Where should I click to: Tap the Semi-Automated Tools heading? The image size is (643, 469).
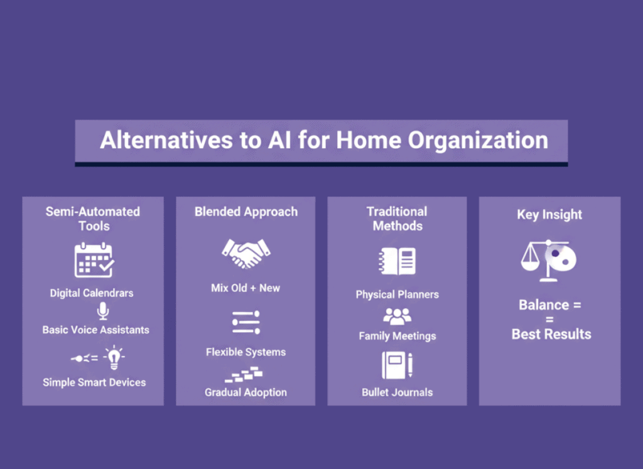(x=93, y=218)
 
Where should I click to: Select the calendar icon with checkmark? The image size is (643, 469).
(x=94, y=260)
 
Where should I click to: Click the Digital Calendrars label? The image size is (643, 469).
(x=92, y=293)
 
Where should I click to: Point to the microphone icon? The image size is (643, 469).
(x=102, y=311)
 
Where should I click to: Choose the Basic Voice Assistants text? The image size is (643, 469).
(x=95, y=330)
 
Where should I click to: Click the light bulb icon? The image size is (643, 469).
(x=114, y=357)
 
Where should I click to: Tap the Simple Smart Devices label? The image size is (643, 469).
(x=94, y=382)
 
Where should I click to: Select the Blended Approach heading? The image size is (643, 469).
(x=246, y=212)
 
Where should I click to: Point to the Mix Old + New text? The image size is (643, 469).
(x=246, y=288)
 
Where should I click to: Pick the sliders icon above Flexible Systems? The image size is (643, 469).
(x=246, y=322)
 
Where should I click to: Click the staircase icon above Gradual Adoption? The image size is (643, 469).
(x=244, y=375)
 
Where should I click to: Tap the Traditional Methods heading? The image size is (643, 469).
(x=397, y=218)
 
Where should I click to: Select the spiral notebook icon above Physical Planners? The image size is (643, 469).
(x=397, y=261)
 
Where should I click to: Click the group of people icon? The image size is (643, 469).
(x=397, y=316)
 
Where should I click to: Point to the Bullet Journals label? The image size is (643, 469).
(x=397, y=392)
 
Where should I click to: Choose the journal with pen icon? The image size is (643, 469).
(x=397, y=365)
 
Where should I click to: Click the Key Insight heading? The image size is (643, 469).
(x=549, y=215)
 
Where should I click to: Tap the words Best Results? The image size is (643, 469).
(x=551, y=334)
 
